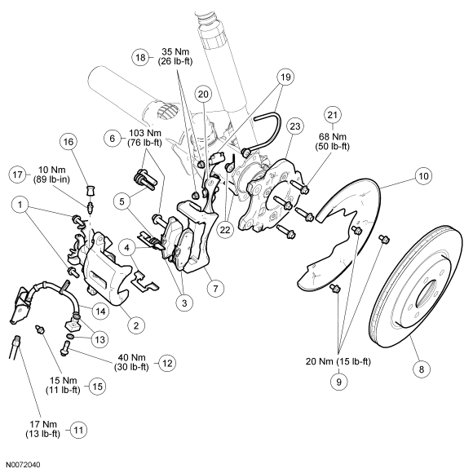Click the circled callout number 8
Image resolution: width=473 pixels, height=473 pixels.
click(422, 369)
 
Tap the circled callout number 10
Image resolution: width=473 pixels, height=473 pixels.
click(423, 176)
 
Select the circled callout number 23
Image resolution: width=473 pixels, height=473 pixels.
click(294, 126)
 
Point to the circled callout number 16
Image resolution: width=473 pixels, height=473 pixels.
click(69, 141)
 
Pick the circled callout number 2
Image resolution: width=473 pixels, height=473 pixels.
click(136, 325)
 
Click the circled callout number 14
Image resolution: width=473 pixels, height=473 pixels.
click(100, 311)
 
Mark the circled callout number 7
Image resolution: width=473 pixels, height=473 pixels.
click(215, 289)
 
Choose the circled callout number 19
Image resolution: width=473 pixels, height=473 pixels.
click(285, 77)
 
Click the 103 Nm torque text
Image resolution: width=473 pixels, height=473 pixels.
click(145, 133)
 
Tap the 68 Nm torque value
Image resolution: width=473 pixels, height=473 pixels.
click(332, 137)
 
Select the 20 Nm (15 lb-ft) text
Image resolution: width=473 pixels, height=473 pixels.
click(338, 361)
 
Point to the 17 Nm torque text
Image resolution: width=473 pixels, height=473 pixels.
click(43, 424)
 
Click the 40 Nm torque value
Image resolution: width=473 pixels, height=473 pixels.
click(131, 357)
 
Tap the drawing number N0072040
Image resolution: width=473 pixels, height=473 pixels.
click(23, 465)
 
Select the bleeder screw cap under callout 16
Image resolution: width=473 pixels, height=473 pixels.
click(91, 191)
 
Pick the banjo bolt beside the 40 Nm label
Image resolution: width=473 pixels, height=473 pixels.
click(65, 347)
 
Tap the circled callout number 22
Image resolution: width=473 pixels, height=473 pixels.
click(225, 230)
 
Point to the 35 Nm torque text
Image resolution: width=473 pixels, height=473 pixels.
click(175, 51)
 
